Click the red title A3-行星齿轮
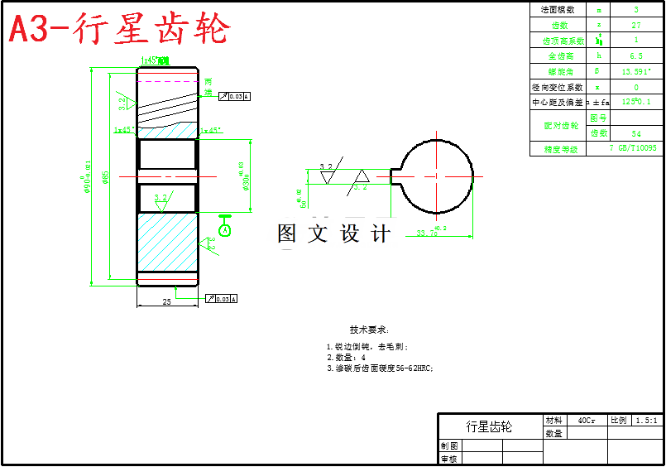tap(119, 30)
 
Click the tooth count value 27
tap(635, 25)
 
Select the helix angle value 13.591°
tap(635, 71)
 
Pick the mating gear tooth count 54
tap(635, 133)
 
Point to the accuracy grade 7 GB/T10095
tap(632, 148)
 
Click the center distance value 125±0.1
tap(635, 102)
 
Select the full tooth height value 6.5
tap(635, 55)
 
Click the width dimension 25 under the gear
tap(166, 302)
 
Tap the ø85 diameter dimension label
tap(105, 177)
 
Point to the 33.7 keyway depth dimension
tap(429, 232)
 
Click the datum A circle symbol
tap(224, 229)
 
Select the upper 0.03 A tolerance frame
tap(234, 97)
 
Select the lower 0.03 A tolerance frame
tap(223, 298)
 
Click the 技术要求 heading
tap(369, 329)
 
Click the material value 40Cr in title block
tap(586, 421)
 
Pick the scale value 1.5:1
tap(647, 421)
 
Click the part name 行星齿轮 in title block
tap(489, 426)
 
